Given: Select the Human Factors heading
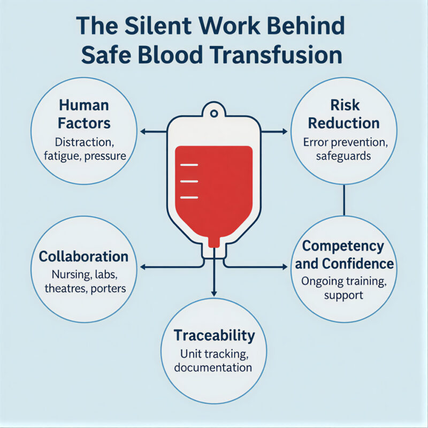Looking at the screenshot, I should coord(85,114).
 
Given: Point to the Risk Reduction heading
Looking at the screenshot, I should coord(343,114).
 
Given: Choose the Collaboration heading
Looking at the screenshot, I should coord(83,256).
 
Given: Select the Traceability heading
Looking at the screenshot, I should coord(214,336).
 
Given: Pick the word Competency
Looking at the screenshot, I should coord(343,246).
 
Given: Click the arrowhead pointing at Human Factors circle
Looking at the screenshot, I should coord(142,131).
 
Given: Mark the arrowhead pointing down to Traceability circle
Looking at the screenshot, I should coord(214,293).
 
